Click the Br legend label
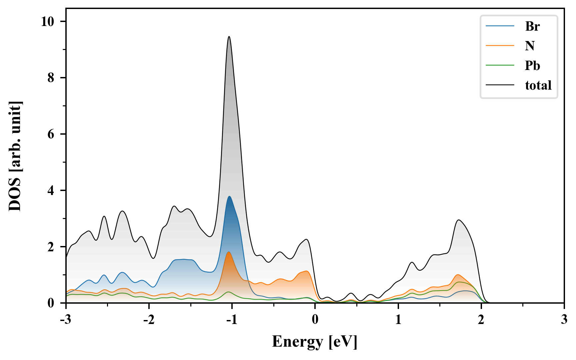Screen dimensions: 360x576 pyautogui.click(x=532, y=26)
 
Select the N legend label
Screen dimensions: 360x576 pyautogui.click(x=530, y=46)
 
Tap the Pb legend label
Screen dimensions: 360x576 pyautogui.click(x=532, y=65)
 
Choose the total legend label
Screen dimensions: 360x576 pyautogui.click(x=538, y=85)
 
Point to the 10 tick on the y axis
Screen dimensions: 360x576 pyautogui.click(x=47, y=22)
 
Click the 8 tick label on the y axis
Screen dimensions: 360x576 pyautogui.click(x=51, y=78)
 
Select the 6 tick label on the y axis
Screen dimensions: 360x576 pyautogui.click(x=51, y=134)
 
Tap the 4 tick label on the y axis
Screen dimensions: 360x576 pyautogui.click(x=51, y=191)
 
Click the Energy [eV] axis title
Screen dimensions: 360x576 pyautogui.click(x=315, y=342)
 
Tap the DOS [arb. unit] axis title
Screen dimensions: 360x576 pyautogui.click(x=15, y=156)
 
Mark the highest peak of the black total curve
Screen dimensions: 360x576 pyautogui.click(x=229, y=37)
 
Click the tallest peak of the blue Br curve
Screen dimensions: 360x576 pyautogui.click(x=229, y=196)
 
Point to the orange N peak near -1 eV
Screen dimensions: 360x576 pyautogui.click(x=228, y=252)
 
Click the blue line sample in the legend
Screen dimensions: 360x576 pyautogui.click(x=500, y=26)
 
